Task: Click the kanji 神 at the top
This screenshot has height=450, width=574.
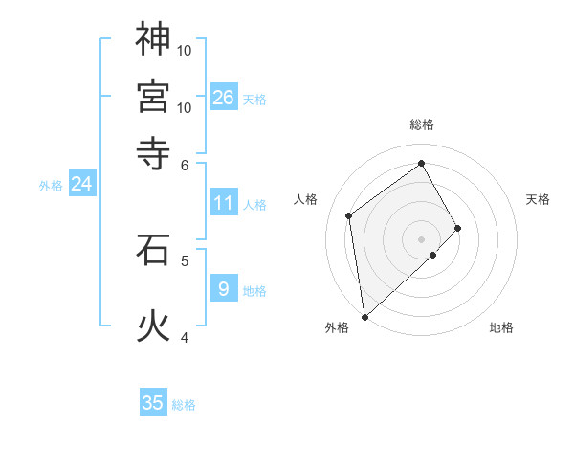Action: pyautogui.click(x=153, y=39)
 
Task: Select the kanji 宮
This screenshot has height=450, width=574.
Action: pyautogui.click(x=153, y=96)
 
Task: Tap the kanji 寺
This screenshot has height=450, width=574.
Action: pyautogui.click(x=153, y=152)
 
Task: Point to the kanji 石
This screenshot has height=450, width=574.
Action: pyautogui.click(x=153, y=250)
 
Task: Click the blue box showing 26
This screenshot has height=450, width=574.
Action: pyautogui.click(x=224, y=97)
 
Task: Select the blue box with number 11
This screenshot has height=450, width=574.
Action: pyautogui.click(x=224, y=203)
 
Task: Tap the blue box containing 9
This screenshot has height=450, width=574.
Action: pyautogui.click(x=224, y=288)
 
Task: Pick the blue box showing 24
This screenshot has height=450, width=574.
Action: pyautogui.click(x=81, y=184)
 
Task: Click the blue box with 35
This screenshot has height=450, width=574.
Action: pyautogui.click(x=153, y=403)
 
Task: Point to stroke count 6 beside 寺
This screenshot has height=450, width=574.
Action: pyautogui.click(x=185, y=164)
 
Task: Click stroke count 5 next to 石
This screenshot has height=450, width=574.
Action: pyautogui.click(x=185, y=259)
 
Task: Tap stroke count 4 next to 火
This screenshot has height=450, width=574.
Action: pyautogui.click(x=185, y=337)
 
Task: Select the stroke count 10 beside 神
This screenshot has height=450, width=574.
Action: pyautogui.click(x=185, y=50)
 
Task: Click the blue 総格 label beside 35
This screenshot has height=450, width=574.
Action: pyautogui.click(x=184, y=405)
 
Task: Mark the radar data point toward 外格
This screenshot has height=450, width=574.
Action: pyautogui.click(x=364, y=316)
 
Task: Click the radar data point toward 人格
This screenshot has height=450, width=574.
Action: pyautogui.click(x=349, y=215)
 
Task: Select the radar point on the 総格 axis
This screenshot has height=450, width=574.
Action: pyautogui.click(x=421, y=164)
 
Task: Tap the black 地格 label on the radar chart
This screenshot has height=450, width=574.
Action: pyautogui.click(x=501, y=327)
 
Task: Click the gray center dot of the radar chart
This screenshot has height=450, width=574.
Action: pyautogui.click(x=421, y=237)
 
